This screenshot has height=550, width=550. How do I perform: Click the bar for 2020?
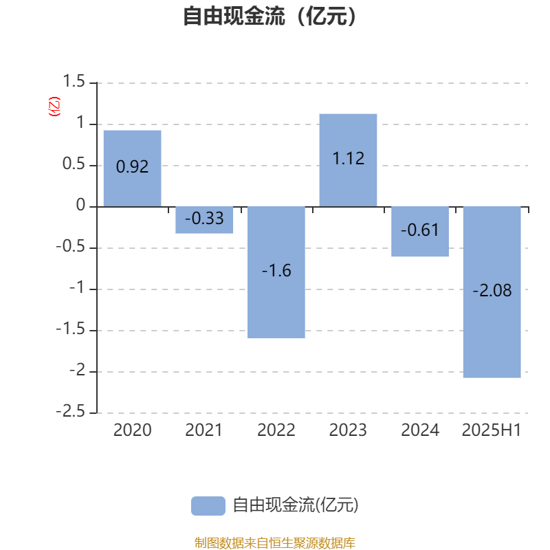pos(132,168)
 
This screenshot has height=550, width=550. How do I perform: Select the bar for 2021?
pos(204,220)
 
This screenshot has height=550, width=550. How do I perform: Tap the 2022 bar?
pos(276,272)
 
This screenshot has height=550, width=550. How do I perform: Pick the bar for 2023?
pos(348,160)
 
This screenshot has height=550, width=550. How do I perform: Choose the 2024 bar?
pos(420,232)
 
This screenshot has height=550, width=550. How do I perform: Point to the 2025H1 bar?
pos(492,292)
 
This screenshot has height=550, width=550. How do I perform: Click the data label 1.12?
pos(349,159)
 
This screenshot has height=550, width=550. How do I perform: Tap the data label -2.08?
pos(492,290)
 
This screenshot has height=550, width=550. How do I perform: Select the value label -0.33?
pos(204,218)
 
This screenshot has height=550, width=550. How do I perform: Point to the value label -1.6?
pos(276,270)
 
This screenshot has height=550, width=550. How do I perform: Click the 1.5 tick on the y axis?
pos(74,81)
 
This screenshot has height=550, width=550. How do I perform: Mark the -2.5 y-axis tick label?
pos(71,411)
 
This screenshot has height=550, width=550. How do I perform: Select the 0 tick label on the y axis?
pos(80,205)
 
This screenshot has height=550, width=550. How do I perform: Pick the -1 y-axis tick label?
pos(77,287)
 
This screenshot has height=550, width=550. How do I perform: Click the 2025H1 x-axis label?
pos(492,430)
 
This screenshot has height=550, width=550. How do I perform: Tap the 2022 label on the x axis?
pos(276,430)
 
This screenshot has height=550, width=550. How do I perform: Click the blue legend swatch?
pos(208,506)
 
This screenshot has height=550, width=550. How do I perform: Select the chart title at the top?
pos(270,16)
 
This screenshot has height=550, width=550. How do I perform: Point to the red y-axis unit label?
pos(54,107)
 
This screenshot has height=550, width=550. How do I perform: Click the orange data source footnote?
pos(275,542)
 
